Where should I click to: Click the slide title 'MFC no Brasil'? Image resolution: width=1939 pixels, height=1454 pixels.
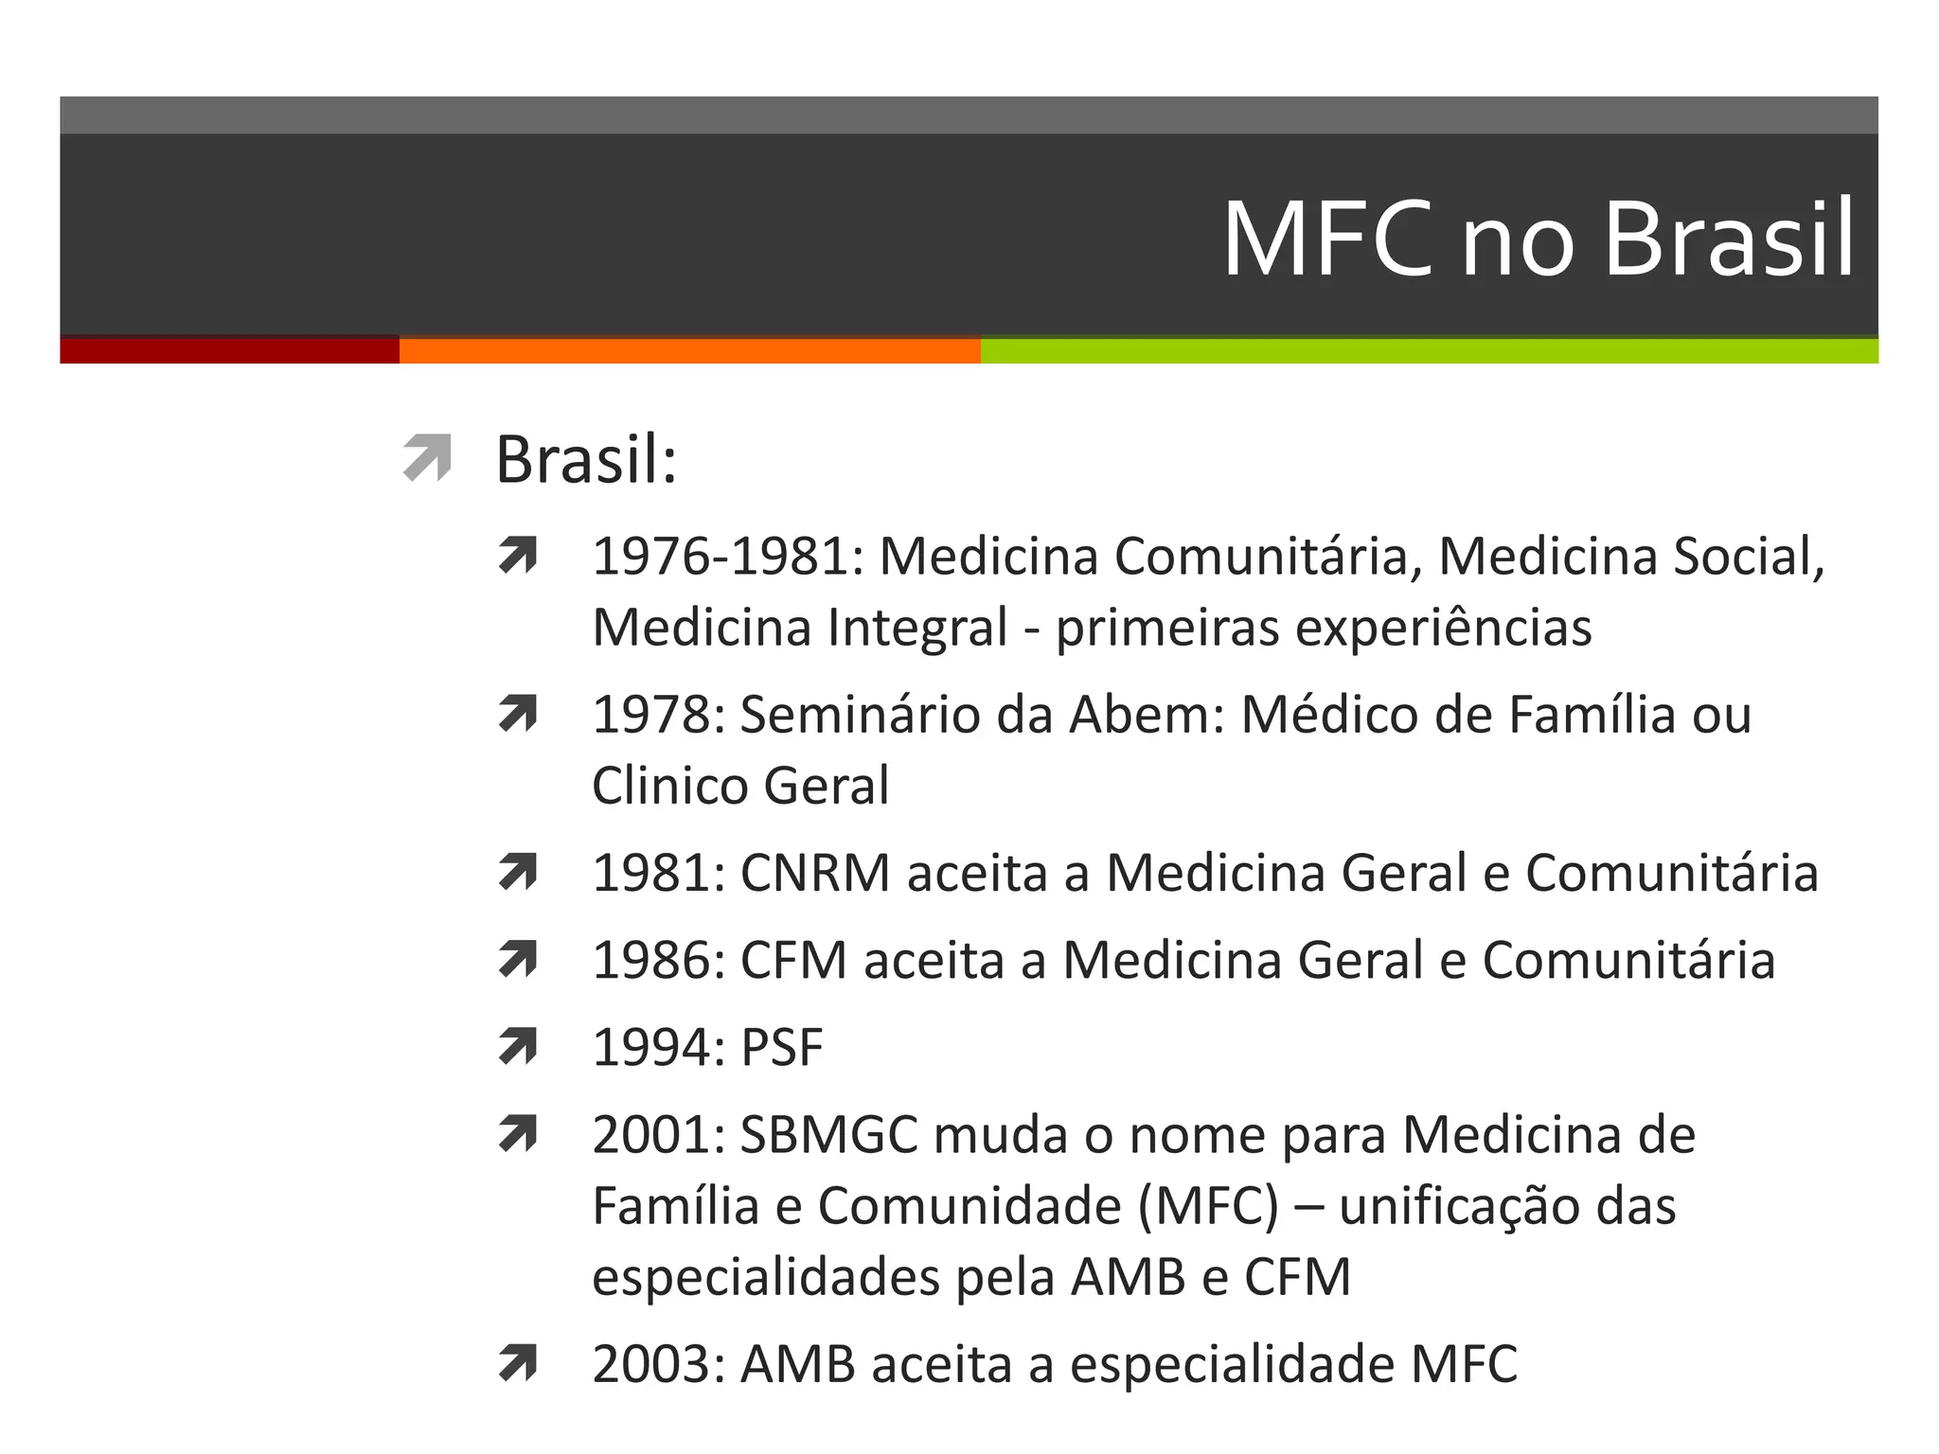1538,239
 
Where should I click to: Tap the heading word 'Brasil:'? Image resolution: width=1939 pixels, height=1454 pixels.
586,460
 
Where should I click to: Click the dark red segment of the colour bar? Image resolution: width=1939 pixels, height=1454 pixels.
229,350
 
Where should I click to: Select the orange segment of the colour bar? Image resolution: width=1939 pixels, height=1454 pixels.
689,350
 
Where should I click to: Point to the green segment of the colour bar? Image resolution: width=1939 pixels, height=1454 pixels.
1429,350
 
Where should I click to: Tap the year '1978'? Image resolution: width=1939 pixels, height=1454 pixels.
653,714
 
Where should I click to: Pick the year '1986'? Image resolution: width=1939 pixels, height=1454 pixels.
653,960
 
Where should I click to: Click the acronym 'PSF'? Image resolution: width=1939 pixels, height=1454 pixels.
782,1047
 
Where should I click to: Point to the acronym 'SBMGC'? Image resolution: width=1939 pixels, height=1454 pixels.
828,1134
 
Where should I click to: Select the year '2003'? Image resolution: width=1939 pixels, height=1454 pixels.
653,1364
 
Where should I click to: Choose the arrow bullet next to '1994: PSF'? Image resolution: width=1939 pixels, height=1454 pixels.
518,1046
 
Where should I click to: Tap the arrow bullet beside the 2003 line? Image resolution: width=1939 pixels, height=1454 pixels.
518,1363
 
